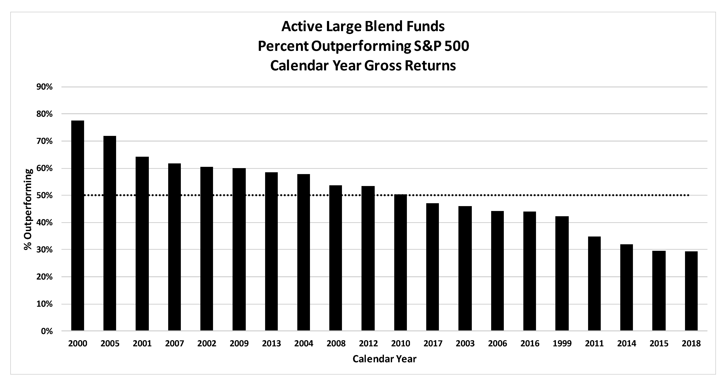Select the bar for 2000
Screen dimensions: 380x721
pyautogui.click(x=78, y=225)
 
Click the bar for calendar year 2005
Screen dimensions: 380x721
pyautogui.click(x=110, y=233)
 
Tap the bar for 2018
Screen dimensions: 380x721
pyautogui.click(x=691, y=291)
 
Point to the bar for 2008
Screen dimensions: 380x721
pyautogui.click(x=336, y=258)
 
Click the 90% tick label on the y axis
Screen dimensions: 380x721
pyautogui.click(x=44, y=87)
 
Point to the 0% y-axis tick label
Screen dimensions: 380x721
pyautogui.click(x=47, y=331)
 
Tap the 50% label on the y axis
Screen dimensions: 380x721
pyautogui.click(x=44, y=195)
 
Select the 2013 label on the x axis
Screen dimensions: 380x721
pyautogui.click(x=271, y=343)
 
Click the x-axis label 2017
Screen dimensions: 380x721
pyautogui.click(x=433, y=343)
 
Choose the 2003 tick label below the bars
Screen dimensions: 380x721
pyautogui.click(x=465, y=343)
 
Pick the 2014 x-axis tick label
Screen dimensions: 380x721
pyautogui.click(x=626, y=343)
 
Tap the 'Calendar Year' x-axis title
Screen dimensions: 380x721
pyautogui.click(x=384, y=359)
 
